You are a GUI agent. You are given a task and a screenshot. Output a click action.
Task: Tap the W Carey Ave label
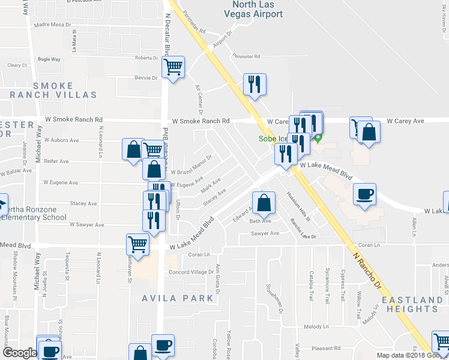[405, 121]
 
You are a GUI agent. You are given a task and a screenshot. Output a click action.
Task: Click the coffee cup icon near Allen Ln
[364, 195]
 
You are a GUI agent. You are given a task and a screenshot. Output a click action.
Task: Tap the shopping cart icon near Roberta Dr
[173, 67]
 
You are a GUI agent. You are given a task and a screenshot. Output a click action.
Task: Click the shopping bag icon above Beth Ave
[264, 203]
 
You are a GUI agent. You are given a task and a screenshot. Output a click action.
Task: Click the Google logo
[20, 352]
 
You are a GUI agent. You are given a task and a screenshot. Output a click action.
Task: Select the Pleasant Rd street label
[326, 348]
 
